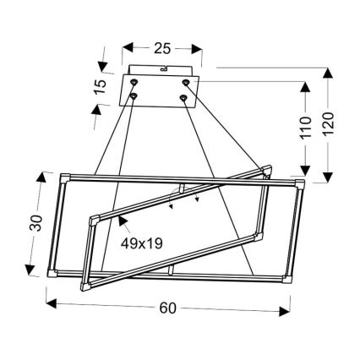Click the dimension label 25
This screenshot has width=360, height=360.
tap(163, 48)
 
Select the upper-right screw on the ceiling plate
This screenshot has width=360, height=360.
tap(187, 82)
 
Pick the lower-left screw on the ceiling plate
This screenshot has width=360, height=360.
tap(134, 98)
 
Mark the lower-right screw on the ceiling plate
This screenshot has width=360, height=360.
tap(183, 98)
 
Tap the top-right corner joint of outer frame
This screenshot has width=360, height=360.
tap(302, 183)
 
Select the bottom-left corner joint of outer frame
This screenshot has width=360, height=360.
tap(54, 273)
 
